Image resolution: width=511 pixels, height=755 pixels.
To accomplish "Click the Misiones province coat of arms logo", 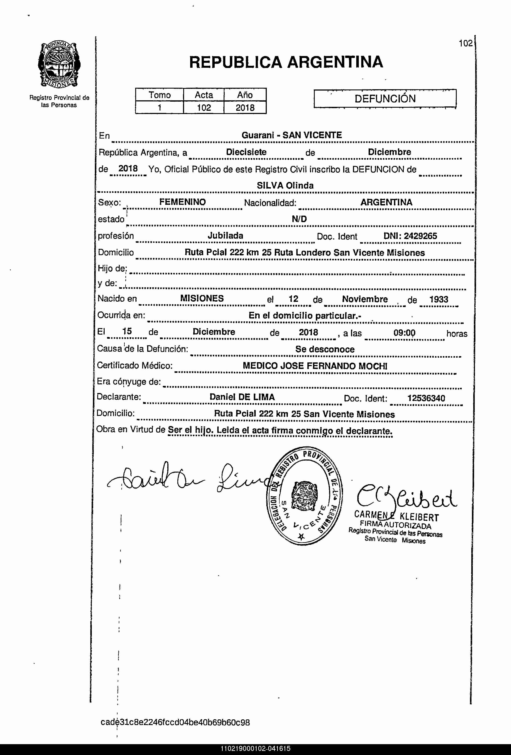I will click(x=59, y=65).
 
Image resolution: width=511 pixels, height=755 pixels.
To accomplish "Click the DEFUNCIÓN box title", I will click(x=385, y=98).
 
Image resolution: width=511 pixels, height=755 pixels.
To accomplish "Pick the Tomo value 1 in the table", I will click(x=160, y=107).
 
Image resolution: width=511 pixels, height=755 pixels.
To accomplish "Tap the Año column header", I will click(x=245, y=95).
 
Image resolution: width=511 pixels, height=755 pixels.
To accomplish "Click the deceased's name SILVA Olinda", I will click(x=285, y=185).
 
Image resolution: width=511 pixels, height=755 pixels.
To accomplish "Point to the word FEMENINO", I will click(x=183, y=202).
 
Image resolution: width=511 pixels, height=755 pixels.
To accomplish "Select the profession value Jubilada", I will click(x=226, y=236).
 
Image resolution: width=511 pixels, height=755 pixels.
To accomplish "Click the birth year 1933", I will click(x=438, y=299).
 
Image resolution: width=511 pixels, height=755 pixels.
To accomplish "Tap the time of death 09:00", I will click(x=404, y=333).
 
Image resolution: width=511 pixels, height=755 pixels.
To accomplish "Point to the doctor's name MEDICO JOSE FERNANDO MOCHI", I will click(x=315, y=366).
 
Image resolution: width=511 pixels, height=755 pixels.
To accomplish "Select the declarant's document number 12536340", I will click(x=426, y=398).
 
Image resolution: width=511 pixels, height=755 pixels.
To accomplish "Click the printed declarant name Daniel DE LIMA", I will click(x=242, y=397).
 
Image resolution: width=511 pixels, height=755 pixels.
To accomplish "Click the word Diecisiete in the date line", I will click(x=246, y=152).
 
